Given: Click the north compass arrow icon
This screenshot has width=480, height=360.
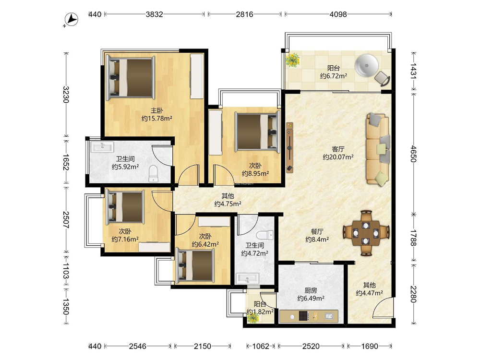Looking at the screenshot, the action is click(x=72, y=20).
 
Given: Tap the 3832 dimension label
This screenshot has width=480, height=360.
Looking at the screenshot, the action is click(x=154, y=14).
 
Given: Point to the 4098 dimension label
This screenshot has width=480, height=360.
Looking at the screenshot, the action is click(x=338, y=14).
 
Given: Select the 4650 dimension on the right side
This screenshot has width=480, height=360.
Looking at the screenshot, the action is click(x=413, y=154).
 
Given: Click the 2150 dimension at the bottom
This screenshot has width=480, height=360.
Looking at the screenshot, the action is click(x=203, y=346).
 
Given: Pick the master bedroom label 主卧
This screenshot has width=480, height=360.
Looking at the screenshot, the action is click(x=156, y=111).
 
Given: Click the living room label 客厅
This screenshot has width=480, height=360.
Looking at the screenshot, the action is click(x=338, y=149).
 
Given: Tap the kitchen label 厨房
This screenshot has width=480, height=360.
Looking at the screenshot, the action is click(x=311, y=290).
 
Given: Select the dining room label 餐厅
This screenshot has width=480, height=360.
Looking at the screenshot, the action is click(x=317, y=232).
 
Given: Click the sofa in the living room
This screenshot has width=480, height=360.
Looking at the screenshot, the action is click(x=378, y=149).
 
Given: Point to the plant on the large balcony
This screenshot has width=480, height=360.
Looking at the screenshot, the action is click(x=293, y=60).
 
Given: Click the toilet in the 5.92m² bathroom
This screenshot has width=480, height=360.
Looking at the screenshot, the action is click(x=153, y=174).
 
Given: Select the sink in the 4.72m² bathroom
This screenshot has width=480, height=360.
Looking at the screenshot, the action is click(x=247, y=278).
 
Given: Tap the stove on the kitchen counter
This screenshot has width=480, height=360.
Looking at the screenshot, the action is click(x=303, y=316).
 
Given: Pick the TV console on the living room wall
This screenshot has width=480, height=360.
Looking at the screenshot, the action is click(x=289, y=148).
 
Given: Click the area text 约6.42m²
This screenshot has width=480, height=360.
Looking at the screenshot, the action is click(x=205, y=244).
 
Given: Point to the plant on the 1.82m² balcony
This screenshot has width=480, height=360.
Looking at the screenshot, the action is click(x=253, y=318).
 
